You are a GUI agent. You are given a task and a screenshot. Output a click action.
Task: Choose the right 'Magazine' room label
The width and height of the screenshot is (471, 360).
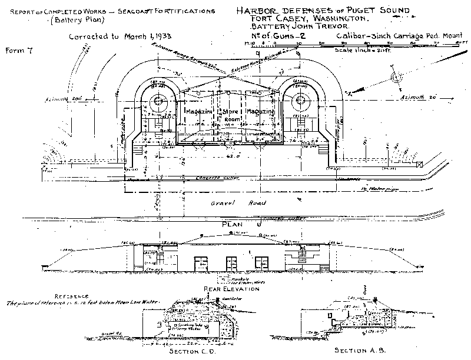pyautogui.click(x=261, y=111)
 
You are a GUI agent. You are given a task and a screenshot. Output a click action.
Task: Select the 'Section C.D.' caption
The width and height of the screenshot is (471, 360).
pyautogui.click(x=193, y=351)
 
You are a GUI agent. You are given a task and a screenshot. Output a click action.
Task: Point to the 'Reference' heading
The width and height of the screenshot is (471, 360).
pyautogui.click(x=70, y=296)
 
